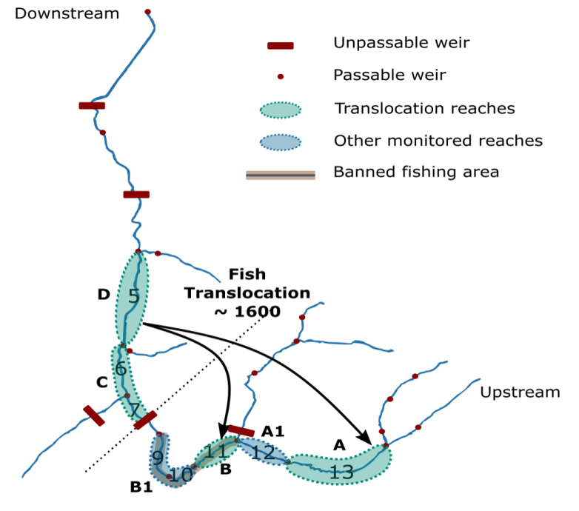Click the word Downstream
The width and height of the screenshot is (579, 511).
pos(67,13)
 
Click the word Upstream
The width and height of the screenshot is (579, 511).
pos(520,393)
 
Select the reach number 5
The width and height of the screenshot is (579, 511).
pos(133,297)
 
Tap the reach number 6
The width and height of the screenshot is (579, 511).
pos(121,368)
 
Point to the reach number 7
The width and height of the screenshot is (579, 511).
pos(135,410)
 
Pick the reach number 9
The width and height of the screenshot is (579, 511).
pos(157,458)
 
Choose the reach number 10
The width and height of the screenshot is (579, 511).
pos(181,475)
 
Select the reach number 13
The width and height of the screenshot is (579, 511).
pos(341,472)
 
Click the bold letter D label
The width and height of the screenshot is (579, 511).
pos(104,295)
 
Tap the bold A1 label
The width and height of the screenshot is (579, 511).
pos(273,430)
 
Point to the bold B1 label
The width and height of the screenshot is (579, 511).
pos(141,487)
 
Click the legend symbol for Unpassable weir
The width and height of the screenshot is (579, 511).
pos(280,46)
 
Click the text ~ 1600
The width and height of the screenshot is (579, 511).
pos(247,312)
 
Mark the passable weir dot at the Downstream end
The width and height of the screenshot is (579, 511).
pos(147,12)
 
